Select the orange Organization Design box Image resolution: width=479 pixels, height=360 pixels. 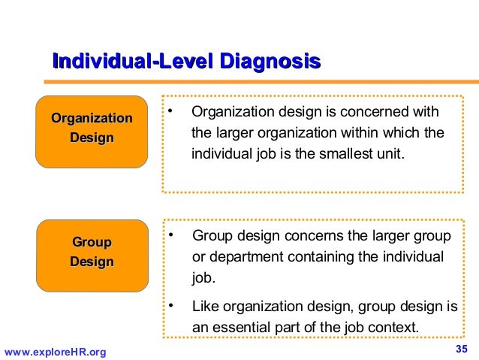92,129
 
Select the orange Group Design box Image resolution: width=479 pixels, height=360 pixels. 92,253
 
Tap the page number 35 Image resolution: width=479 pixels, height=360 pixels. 462,349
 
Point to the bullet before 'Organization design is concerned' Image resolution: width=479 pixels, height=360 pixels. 171,113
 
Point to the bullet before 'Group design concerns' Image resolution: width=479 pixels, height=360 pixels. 171,237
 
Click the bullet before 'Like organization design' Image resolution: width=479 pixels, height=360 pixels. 171,305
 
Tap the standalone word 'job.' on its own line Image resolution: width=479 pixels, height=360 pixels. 203,278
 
